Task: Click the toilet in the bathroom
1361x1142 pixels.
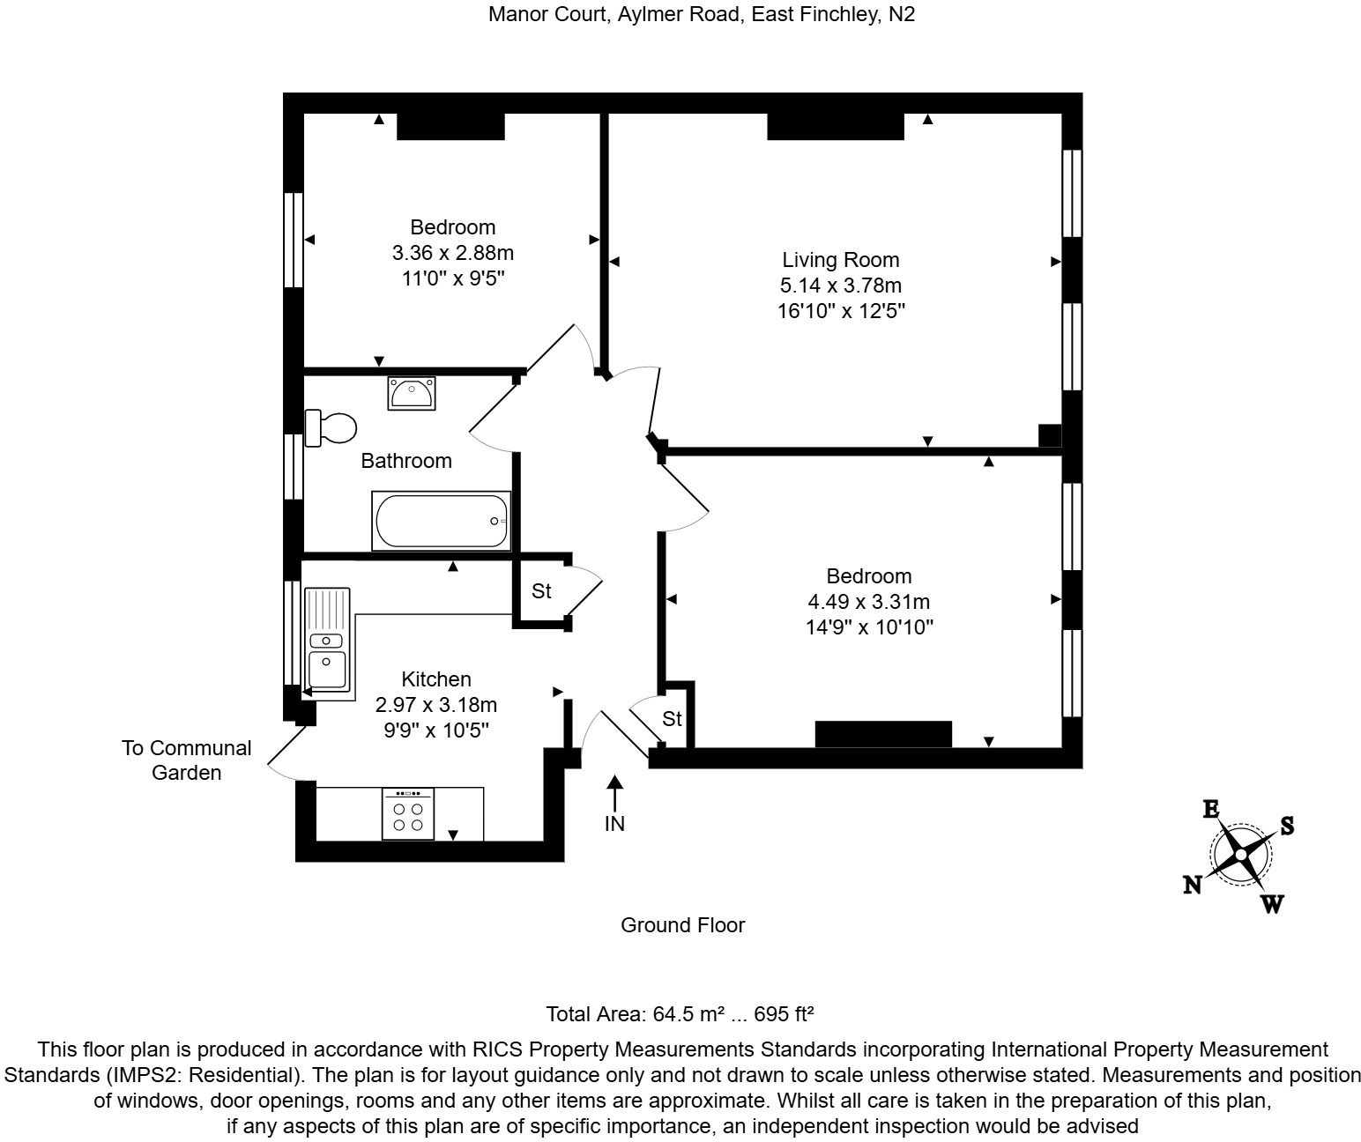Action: (331, 428)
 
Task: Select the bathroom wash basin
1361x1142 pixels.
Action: (411, 393)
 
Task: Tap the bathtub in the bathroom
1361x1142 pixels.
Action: (441, 521)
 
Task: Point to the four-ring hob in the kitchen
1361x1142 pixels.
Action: (407, 813)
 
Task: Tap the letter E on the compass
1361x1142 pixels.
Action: (1211, 809)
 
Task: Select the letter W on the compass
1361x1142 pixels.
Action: (1272, 904)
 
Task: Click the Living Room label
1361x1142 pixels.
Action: (841, 260)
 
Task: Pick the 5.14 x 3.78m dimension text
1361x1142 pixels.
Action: (841, 285)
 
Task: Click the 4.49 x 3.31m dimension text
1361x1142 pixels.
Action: (869, 602)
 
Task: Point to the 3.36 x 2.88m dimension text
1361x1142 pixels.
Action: (453, 253)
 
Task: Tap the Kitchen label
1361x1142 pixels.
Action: (436, 679)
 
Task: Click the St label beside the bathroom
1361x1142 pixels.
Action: (541, 591)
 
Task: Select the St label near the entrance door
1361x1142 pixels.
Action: (672, 719)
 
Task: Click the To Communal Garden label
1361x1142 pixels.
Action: (187, 760)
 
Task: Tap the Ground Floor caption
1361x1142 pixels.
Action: (683, 925)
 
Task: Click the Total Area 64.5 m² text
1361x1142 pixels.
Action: (680, 1014)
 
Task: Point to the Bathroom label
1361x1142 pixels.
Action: (406, 461)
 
